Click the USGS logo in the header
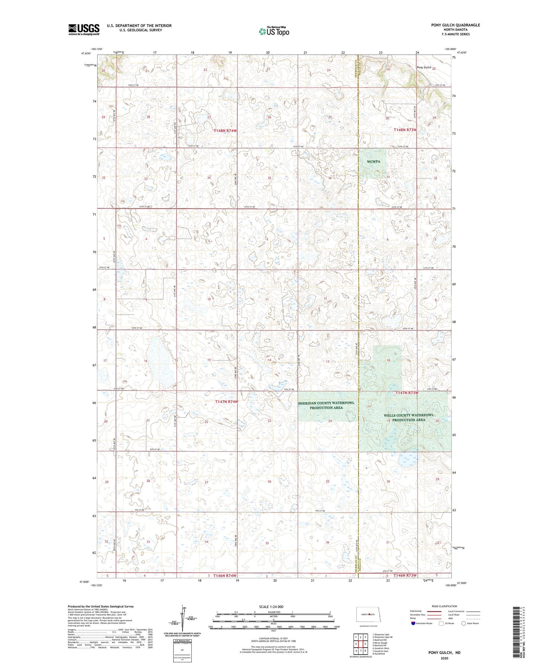click(84, 29)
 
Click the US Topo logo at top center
click(274, 31)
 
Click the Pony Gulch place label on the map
click(424, 68)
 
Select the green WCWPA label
click(373, 162)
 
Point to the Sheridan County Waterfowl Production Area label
click(326, 405)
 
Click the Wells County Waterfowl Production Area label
click(408, 417)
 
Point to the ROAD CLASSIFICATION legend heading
click(444, 606)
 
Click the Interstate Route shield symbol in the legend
click(413, 623)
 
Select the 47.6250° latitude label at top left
click(86, 53)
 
